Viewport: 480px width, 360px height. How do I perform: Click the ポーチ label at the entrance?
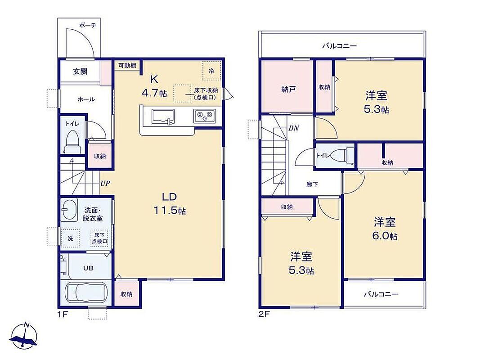coord(88,25)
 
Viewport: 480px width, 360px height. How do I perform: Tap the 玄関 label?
coord(80,72)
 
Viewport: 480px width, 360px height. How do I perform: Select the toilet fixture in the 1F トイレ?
coord(72,142)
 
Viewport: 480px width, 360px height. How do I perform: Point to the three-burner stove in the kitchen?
coord(205,116)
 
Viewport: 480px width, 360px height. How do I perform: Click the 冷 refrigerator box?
coord(211,71)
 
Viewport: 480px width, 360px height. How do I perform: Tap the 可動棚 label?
coord(127,65)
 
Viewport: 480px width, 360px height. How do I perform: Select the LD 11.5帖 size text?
coord(170,211)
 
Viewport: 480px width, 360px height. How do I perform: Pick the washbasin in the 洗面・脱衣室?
coord(68,210)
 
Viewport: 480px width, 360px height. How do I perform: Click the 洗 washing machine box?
coord(71,238)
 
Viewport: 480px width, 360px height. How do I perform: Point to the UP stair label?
coord(105,183)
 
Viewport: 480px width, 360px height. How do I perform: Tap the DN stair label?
coord(294,128)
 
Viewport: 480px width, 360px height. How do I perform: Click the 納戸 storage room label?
coord(288,90)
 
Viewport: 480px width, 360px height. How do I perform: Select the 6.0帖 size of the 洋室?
coord(385,236)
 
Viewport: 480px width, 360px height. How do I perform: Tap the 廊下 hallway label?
coord(312,184)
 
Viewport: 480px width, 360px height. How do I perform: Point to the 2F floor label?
coord(265,314)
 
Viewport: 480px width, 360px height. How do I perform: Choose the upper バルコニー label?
coord(339,46)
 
